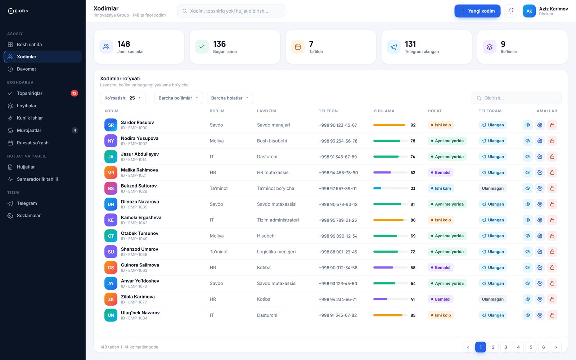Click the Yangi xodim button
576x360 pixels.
point(477,11)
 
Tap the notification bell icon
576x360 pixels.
point(510,11)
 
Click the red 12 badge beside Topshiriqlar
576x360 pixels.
point(74,93)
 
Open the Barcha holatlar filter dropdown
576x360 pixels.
point(230,98)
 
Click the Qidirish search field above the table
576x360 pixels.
point(516,98)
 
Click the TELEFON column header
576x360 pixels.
point(328,111)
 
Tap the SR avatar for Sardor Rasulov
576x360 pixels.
point(111,125)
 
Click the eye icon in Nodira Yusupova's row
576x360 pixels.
point(528,141)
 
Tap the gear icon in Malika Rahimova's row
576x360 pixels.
point(540,172)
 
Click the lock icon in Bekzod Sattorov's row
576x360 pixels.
point(552,189)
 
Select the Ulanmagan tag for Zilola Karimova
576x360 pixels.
point(492,299)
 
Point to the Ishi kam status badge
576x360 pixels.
point(441,189)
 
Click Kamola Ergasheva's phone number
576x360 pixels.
point(338,220)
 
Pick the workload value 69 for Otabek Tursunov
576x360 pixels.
point(413,236)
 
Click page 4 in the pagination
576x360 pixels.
point(518,347)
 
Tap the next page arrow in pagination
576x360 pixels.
point(556,347)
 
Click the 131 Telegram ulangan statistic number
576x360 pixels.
point(410,44)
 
